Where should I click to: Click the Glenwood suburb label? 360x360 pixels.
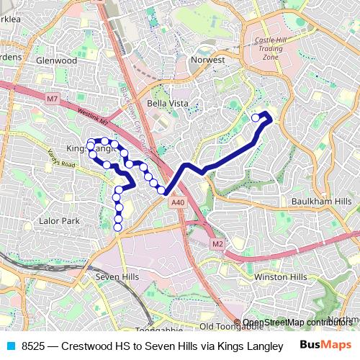tap(56, 60)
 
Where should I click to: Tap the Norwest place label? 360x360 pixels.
tap(207, 60)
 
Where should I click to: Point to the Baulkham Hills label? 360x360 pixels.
tap(322, 201)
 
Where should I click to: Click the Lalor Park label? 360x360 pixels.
tap(60, 221)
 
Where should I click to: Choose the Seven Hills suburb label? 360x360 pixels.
tap(117, 276)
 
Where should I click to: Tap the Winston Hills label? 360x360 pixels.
tap(281, 276)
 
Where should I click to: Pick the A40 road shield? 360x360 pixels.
tap(179, 204)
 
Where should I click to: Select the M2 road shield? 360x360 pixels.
tap(217, 245)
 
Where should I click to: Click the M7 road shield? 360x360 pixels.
tap(52, 98)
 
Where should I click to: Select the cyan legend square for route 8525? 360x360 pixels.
tap(10, 346)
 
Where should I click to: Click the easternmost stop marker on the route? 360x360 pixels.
tap(255, 117)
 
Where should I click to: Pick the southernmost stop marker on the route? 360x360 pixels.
tap(118, 228)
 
